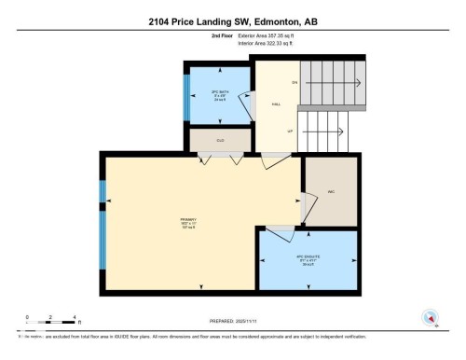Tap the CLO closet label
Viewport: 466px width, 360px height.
coord(220,141)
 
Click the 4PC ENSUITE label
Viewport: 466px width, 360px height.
coord(307,262)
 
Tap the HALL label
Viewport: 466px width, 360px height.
coord(276,105)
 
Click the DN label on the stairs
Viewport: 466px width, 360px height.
coord(294,83)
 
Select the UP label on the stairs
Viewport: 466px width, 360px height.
coord(291,132)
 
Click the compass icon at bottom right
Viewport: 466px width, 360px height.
coord(431,317)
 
